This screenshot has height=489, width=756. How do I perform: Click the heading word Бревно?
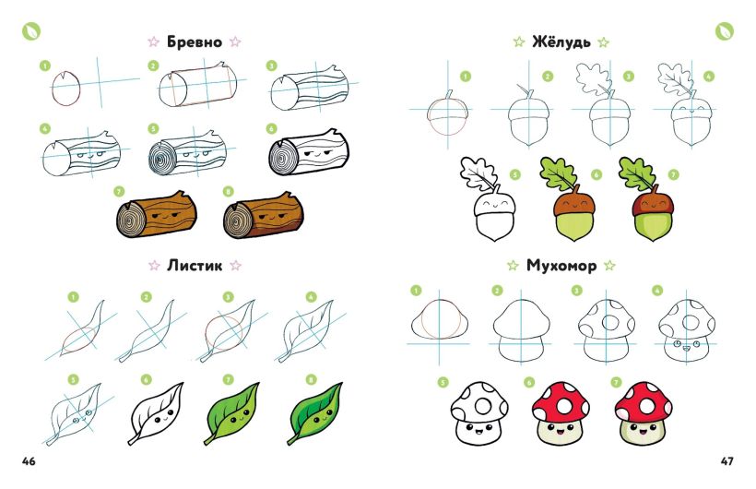pos(195,42)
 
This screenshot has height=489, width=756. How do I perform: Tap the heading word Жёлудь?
pos(561,42)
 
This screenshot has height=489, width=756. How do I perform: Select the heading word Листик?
pos(195,265)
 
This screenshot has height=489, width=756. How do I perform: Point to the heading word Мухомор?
pos(561,266)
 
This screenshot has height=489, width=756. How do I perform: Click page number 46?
pos(29,461)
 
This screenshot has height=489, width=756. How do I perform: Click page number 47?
pos(727,461)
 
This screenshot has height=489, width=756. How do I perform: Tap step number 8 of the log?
pos(229,192)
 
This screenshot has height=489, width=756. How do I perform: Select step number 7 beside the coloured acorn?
pos(674,174)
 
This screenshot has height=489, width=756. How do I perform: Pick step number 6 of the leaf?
pos(146,380)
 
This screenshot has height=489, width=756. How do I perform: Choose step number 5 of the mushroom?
pos(443,383)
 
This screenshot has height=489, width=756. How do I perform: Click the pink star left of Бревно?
pos(153,42)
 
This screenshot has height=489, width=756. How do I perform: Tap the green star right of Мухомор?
pos(609,265)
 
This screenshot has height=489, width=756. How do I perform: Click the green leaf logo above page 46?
pos(30,31)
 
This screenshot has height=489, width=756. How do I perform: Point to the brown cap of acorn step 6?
pos(573,203)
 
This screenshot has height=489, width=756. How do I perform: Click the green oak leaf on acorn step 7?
pos(636,174)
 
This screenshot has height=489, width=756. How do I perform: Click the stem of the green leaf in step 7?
pos(209,440)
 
